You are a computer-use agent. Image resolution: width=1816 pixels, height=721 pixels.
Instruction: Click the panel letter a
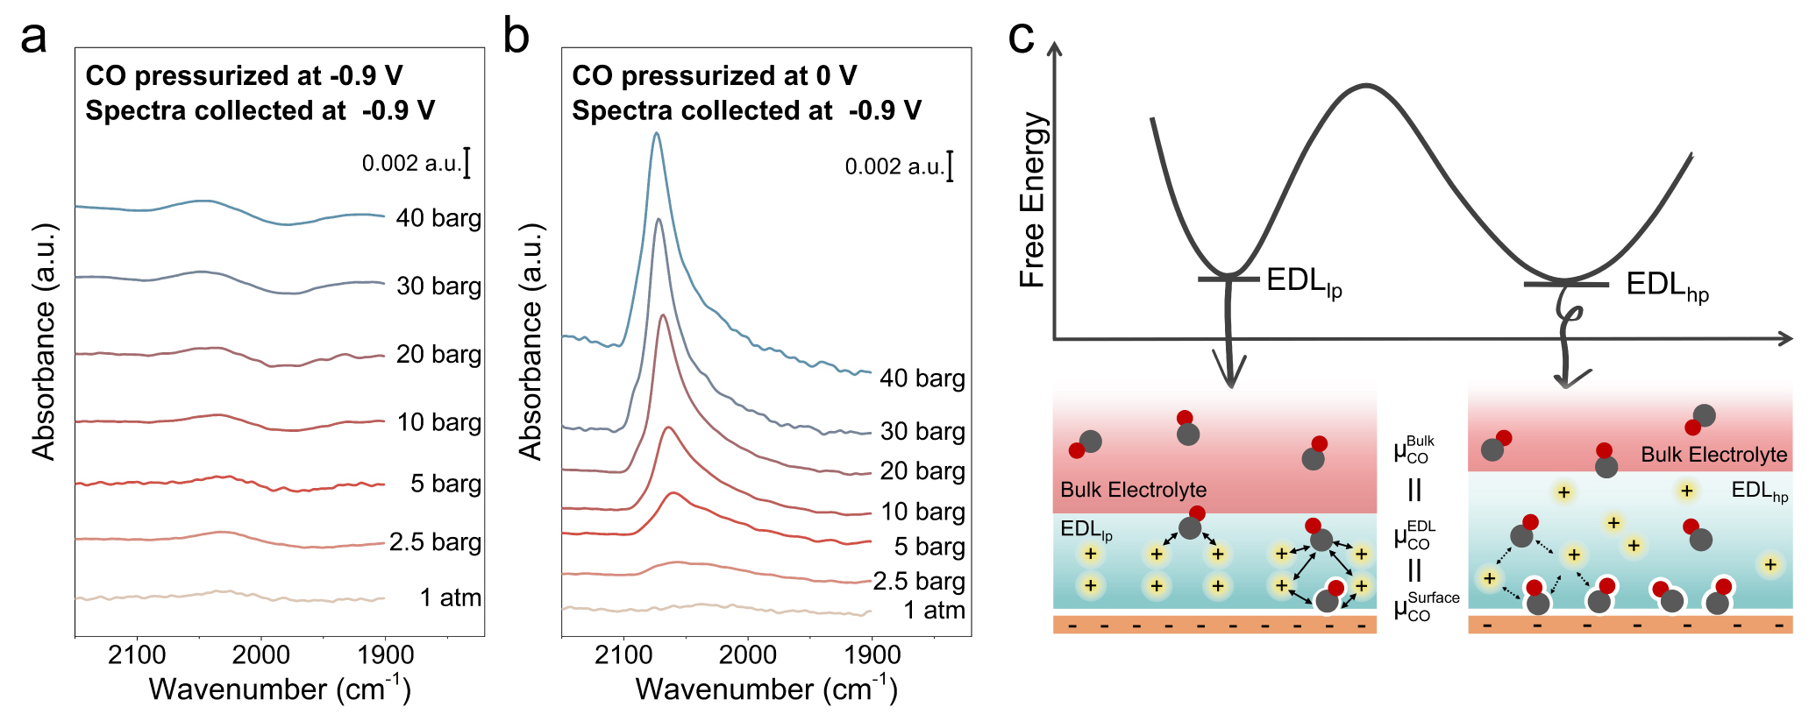pos(33,39)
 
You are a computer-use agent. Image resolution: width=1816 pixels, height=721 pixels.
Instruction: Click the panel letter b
pos(516,39)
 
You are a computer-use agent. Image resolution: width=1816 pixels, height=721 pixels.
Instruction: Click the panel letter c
pos(1022,39)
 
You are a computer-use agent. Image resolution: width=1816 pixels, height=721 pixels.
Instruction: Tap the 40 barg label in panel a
pos(438,218)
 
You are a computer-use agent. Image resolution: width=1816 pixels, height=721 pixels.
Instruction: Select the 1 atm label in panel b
pos(934,611)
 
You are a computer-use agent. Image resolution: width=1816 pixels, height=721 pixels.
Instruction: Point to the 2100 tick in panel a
pos(137,654)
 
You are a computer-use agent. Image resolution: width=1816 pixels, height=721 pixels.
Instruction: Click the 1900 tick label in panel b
pos(872,654)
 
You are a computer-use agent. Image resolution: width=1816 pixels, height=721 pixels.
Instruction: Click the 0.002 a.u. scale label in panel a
pos(411,164)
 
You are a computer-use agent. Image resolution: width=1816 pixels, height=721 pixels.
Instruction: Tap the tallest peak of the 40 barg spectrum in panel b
pos(656,134)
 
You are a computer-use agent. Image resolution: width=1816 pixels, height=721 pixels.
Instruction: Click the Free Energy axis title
pos(1033,200)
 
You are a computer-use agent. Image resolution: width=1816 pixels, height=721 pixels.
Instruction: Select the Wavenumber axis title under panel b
pos(766,689)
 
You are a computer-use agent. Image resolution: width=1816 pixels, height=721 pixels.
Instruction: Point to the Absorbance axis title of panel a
pos(44,342)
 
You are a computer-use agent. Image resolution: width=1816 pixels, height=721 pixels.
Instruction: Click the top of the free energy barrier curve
pos(1365,86)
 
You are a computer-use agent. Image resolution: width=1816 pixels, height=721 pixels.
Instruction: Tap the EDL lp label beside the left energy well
pos(1304,282)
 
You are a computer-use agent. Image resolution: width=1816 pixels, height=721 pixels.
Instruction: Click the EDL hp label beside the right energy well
pos(1667,286)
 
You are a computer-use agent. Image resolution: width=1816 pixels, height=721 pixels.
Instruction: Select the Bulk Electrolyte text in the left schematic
pos(1133,490)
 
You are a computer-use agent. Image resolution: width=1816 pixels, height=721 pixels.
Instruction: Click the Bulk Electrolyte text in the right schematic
pos(1713,455)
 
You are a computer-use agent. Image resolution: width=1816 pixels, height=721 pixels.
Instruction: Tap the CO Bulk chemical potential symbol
pos(1414,449)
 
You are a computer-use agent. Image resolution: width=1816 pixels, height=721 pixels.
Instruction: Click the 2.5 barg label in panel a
pos(435,542)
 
